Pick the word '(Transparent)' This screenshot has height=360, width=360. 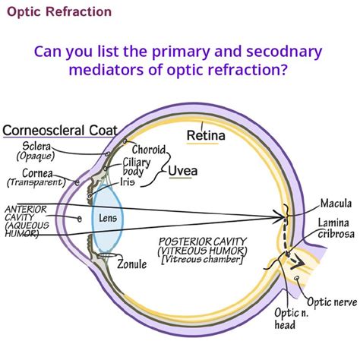pos(35,183)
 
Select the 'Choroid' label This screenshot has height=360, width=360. pos(150,149)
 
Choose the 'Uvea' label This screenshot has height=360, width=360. pos(182,171)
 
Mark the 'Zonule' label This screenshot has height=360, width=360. pos(133,264)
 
